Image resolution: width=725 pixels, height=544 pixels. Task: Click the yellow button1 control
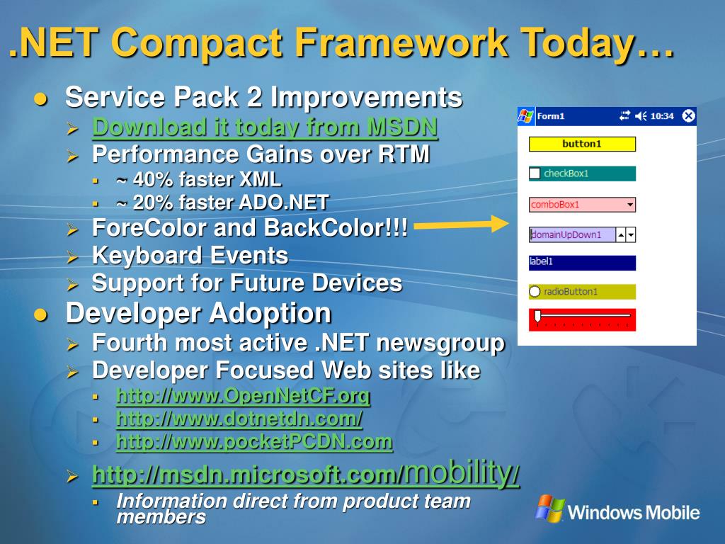582,144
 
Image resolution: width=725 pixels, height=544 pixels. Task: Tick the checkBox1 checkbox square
535,174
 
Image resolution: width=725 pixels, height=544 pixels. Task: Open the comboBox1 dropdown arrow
629,205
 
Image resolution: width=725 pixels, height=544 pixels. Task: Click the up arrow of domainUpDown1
621,235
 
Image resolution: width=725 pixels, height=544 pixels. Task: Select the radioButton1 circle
535,291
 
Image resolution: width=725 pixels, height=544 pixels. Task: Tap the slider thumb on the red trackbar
537,317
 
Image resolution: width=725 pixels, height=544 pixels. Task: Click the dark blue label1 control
582,263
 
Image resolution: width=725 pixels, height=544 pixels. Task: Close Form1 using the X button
688,115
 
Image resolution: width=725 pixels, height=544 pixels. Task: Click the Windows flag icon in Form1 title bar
526,115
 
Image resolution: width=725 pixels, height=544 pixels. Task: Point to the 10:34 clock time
662,116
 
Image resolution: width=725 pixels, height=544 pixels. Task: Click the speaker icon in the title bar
640,115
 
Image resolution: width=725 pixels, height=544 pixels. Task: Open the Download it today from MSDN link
265,127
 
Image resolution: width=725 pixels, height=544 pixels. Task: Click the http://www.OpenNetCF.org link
244,396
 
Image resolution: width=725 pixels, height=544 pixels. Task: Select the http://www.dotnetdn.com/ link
239,419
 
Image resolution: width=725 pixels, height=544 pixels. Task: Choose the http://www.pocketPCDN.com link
254,442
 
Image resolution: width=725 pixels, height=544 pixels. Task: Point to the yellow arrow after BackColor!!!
462,225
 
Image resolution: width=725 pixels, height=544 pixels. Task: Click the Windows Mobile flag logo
550,509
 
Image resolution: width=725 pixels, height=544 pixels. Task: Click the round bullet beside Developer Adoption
40,315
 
